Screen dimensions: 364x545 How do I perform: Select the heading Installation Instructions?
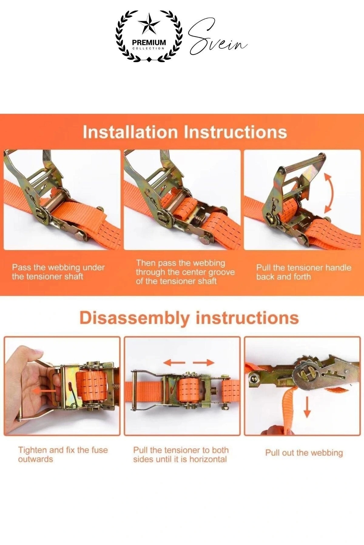pos(185,132)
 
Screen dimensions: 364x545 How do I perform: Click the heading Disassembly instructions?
pos(189,318)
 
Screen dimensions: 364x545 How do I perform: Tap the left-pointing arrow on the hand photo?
pos(44,391)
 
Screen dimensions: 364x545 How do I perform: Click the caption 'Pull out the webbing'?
pos(304,453)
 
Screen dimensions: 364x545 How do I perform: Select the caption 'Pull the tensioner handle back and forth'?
pos(304,272)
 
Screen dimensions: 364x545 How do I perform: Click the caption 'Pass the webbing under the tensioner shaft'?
pos(58,272)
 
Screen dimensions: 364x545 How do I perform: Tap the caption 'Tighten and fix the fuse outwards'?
pos(63,454)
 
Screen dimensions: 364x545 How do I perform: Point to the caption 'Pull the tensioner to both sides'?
pos(181,454)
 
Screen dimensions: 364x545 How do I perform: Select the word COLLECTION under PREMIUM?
pos(149,48)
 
